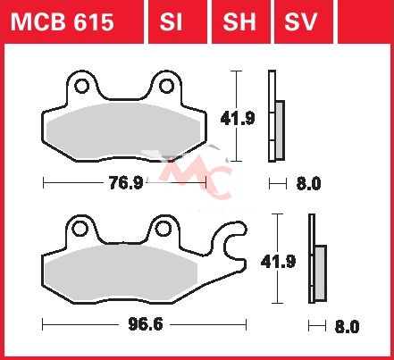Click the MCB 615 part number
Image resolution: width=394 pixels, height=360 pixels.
coord(63,22)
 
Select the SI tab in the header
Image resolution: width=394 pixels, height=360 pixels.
coord(171,22)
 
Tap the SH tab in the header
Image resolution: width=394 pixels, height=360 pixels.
coord(239,22)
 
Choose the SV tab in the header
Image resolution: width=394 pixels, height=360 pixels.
coord(300,22)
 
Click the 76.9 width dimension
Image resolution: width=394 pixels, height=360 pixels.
coord(126,183)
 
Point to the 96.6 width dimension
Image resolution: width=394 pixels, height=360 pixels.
coord(146,324)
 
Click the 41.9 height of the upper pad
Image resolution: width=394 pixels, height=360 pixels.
coord(238,119)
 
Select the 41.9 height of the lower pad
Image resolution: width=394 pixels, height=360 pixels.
coord(278,262)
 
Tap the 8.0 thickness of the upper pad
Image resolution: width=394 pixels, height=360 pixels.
coord(308,183)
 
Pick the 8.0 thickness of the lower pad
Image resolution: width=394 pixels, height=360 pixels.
coord(348,326)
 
